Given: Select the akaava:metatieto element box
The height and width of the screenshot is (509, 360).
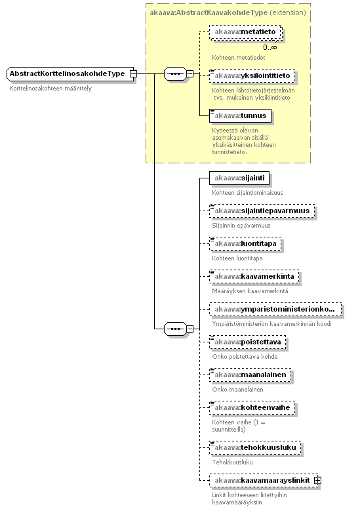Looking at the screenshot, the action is (245, 31).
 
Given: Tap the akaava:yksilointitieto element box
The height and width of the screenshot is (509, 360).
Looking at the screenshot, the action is (252, 75).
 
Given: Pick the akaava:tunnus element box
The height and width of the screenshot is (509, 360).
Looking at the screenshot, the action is (240, 115).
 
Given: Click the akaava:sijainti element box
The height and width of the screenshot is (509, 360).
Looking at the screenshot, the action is (239, 178).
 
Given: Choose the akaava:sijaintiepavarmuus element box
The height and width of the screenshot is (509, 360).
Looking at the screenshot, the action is (262, 211).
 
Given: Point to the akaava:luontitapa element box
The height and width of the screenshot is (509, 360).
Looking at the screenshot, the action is (245, 243).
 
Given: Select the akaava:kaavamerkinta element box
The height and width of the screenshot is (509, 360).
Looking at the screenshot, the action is (254, 276).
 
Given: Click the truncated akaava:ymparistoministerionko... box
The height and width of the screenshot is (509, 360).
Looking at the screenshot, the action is (275, 309).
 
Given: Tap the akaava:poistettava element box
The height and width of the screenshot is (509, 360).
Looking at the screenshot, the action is (248, 342).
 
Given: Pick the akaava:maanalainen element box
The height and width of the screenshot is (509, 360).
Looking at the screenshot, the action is (250, 375).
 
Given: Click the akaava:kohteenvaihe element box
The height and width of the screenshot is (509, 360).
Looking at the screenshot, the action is (252, 407).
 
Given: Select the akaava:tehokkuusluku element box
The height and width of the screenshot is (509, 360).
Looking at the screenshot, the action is (255, 447).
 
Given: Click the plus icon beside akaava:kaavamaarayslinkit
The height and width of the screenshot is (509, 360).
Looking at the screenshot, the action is (318, 480).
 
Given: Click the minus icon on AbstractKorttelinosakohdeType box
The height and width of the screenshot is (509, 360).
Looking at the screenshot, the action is (133, 73).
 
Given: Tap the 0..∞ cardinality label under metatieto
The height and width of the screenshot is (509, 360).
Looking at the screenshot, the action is (270, 47).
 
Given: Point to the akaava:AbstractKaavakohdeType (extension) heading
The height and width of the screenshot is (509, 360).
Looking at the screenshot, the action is (228, 12).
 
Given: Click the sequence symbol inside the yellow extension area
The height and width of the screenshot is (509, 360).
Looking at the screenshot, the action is (175, 73).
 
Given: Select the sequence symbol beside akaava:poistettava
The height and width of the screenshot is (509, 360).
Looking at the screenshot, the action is (175, 329).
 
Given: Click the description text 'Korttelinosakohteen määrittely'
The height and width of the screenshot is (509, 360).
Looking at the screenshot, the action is (50, 89).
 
